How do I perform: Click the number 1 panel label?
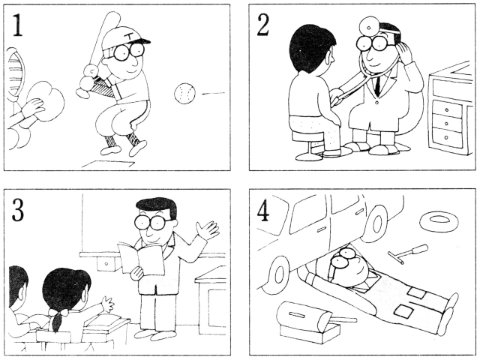(x=17, y=25)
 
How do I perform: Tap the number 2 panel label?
(x=263, y=25)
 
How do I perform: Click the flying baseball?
(x=184, y=93)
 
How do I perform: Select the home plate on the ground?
(x=109, y=164)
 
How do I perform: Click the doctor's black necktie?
(x=378, y=84)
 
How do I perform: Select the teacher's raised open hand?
(x=208, y=229)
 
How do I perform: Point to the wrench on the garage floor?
(x=408, y=253)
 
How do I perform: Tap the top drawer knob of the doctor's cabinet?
(x=447, y=110)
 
